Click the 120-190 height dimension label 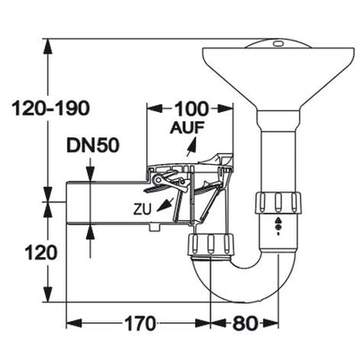50,108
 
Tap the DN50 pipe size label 93,146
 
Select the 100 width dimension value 192,109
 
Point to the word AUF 188,128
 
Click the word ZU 142,209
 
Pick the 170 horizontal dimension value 140,324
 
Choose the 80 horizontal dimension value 244,324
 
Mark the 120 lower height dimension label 41,253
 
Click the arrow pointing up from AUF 192,147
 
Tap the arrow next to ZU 165,205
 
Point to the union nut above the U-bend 209,244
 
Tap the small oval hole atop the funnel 278,44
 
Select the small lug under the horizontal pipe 154,227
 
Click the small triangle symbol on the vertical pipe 278,220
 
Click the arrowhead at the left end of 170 74,324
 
